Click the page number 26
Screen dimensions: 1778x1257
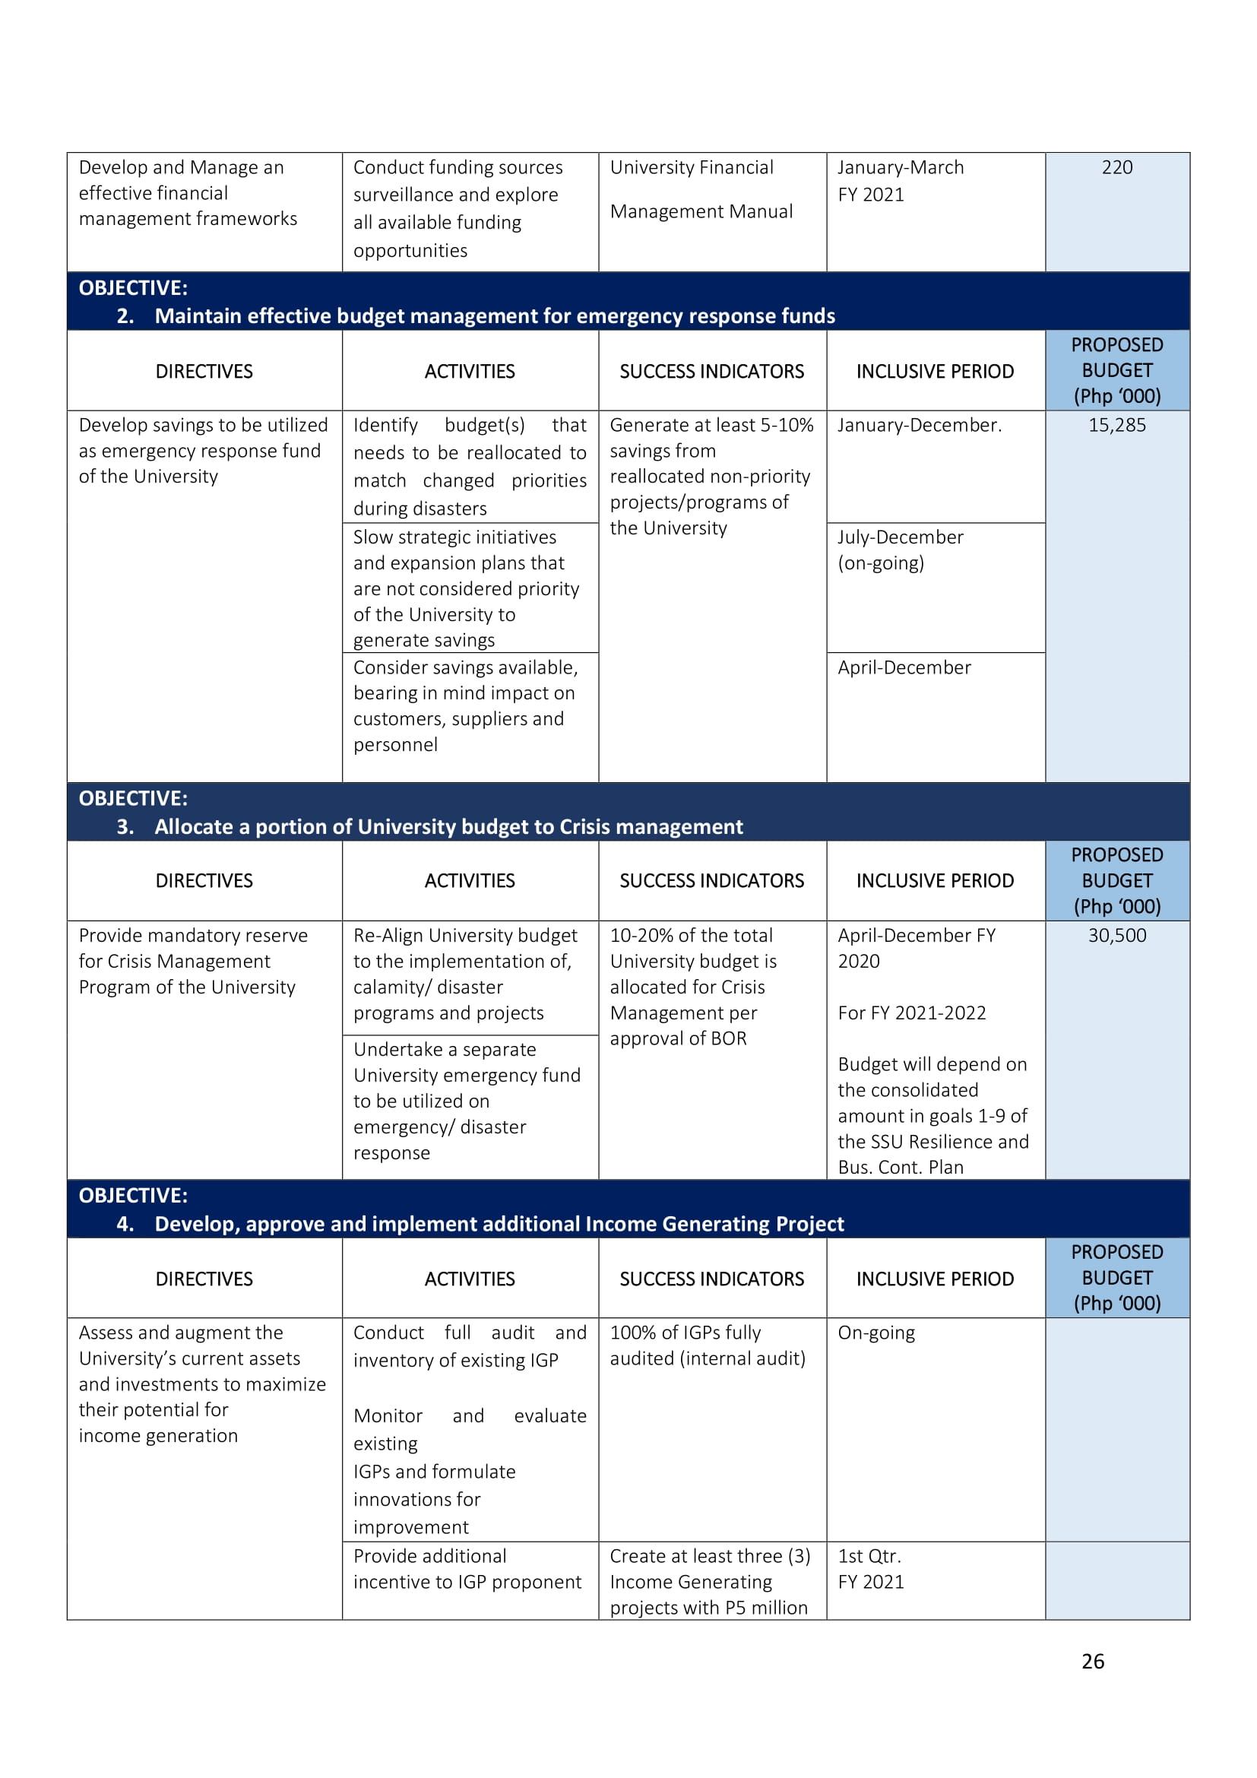coord(1092,1661)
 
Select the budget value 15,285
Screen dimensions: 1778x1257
coord(1116,425)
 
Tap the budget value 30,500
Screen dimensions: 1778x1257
coord(1116,936)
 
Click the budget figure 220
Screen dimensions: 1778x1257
coord(1116,167)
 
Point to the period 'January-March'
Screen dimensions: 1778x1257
coord(900,167)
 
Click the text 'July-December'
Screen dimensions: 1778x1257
coord(900,537)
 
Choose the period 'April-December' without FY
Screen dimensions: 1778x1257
coord(904,667)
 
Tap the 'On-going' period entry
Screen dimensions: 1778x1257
coord(876,1333)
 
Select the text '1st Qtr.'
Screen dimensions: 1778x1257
coord(869,1557)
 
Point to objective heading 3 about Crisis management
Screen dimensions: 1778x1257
coord(448,827)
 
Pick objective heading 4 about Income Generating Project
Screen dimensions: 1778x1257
coord(499,1225)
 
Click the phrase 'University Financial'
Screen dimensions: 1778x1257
coord(691,167)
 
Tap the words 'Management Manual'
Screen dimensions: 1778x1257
coord(701,211)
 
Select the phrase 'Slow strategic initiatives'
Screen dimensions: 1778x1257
coord(454,537)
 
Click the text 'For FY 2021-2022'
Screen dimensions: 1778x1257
coord(912,1013)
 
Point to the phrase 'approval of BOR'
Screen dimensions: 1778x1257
coord(678,1038)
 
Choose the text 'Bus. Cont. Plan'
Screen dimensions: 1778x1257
coord(900,1167)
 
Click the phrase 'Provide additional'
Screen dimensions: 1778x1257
coord(429,1557)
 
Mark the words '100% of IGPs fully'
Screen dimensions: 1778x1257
coord(685,1333)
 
